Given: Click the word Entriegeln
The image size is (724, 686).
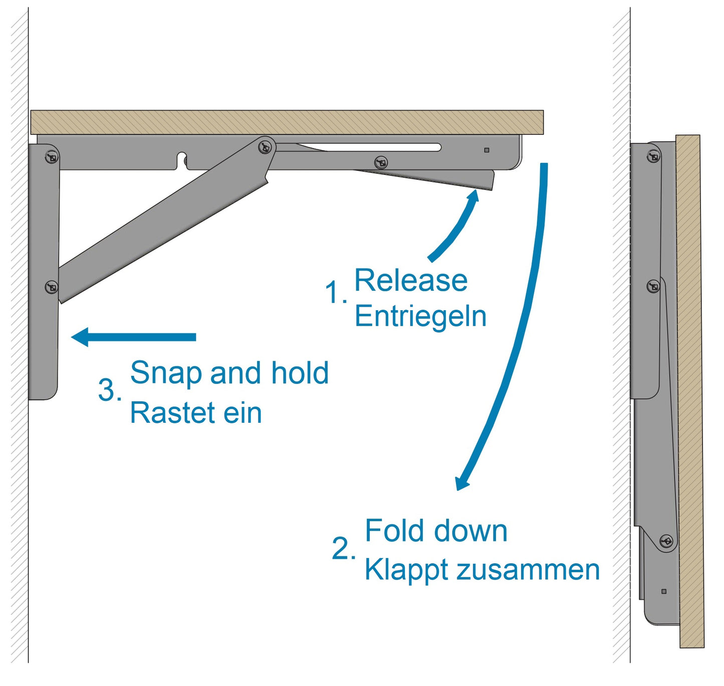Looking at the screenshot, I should point(420,317).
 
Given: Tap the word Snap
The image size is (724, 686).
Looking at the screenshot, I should point(165,374).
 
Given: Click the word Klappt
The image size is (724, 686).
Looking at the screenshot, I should point(406,571).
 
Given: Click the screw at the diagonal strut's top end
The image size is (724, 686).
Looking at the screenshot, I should point(265,147).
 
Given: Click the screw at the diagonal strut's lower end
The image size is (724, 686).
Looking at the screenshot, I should point(52,287).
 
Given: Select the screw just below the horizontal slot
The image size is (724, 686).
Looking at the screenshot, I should point(381,162).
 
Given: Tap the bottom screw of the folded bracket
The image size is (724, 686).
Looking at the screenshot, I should point(667,542).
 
